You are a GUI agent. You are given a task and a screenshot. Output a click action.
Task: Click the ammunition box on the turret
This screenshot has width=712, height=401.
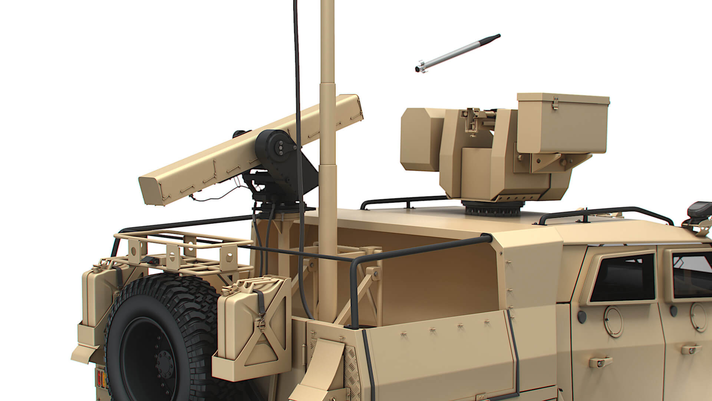[x=562, y=123]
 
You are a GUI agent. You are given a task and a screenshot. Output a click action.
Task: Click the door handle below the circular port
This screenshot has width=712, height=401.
[x=600, y=362]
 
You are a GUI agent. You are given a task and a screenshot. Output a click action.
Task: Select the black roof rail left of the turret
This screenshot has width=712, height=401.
[x=400, y=202]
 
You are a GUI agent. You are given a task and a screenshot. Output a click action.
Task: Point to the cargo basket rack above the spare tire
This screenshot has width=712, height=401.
[x=178, y=249]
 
